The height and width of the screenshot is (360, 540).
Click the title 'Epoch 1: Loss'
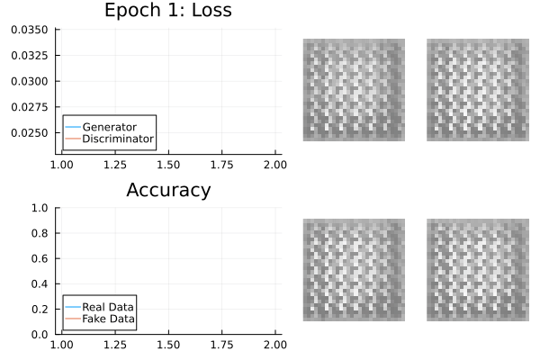click(x=168, y=11)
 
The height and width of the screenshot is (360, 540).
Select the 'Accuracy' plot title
click(x=168, y=190)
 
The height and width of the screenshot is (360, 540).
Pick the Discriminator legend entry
click(x=117, y=139)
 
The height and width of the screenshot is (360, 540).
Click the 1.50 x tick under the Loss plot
click(x=168, y=165)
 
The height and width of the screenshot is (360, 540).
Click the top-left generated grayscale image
click(x=353, y=90)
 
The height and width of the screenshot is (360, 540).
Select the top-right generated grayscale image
click(x=477, y=90)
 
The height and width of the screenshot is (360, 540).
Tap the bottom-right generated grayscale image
click(x=477, y=270)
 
